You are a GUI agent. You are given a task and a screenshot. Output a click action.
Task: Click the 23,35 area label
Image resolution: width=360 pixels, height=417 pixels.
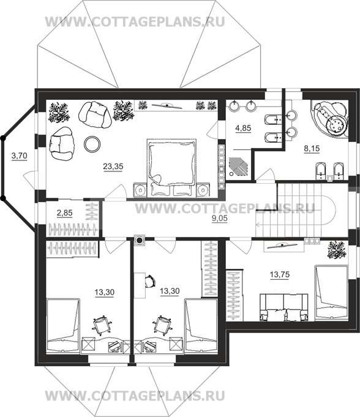point(113,167)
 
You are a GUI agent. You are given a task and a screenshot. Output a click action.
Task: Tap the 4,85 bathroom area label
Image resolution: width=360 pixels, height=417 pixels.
point(243,128)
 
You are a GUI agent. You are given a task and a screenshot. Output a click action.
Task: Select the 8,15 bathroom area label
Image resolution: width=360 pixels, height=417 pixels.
point(312,149)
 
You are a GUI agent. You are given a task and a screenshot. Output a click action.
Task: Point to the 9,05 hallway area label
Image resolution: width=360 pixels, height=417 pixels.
point(220,219)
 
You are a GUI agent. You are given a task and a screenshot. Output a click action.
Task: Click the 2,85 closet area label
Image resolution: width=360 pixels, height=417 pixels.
point(65,213)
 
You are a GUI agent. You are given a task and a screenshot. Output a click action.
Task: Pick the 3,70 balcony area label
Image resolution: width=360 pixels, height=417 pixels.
point(20,156)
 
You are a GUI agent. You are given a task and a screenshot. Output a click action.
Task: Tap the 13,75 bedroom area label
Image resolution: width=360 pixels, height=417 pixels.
point(280,274)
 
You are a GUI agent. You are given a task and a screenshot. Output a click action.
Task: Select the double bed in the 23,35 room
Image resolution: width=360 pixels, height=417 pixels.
point(171,168)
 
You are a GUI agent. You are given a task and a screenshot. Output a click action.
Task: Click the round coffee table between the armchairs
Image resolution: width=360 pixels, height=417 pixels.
point(92,144)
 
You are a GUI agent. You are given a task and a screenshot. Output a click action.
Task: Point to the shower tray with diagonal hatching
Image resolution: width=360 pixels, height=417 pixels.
point(238,166)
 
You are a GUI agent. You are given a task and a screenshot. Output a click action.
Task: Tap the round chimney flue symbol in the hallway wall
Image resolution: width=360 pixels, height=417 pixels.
point(140,241)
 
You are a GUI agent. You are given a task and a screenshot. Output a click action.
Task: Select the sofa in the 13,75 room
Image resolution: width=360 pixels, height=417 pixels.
point(283,307)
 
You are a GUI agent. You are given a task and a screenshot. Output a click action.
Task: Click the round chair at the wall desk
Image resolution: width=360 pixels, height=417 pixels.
point(151,281)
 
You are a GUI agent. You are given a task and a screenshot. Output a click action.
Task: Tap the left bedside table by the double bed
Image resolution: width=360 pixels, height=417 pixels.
point(140,190)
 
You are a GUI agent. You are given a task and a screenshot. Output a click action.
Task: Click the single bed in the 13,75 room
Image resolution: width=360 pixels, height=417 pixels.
point(331,293)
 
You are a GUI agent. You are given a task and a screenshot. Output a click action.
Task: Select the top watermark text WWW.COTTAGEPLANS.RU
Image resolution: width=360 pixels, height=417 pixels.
point(135,22)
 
